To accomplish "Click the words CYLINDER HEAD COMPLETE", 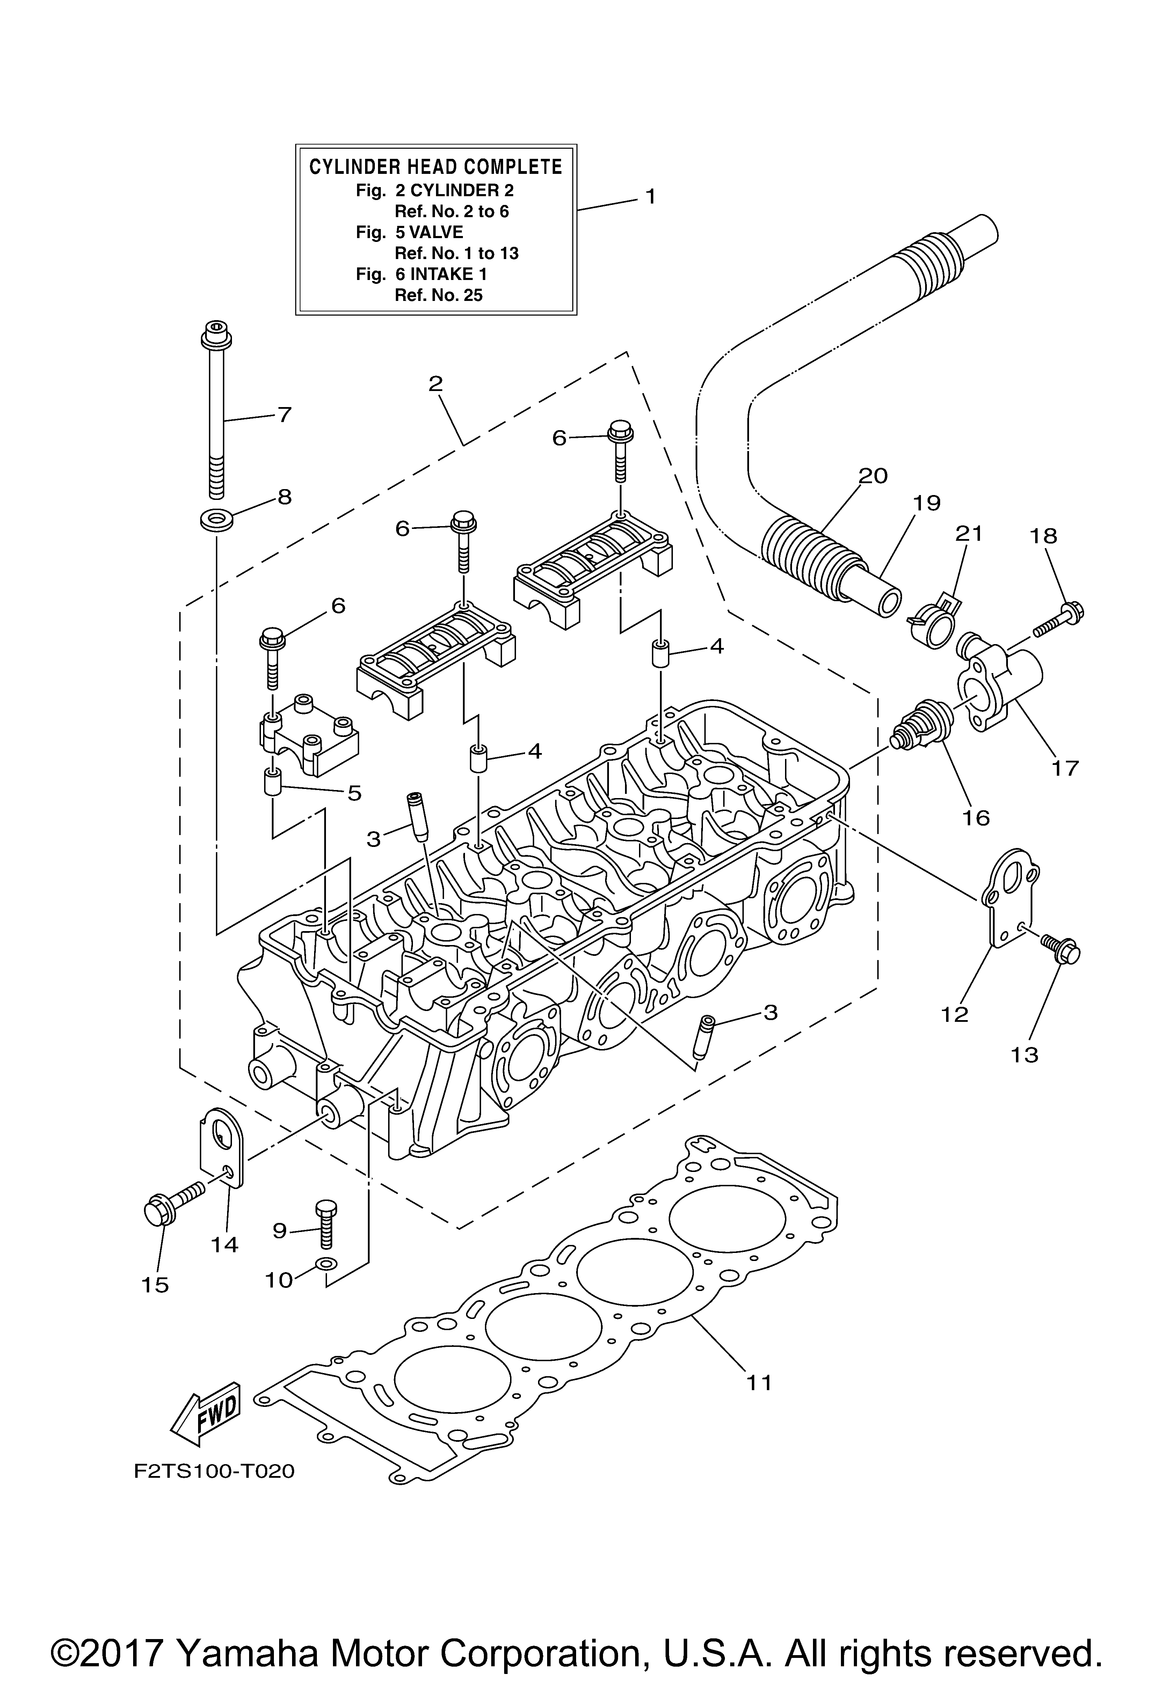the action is (x=436, y=167).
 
